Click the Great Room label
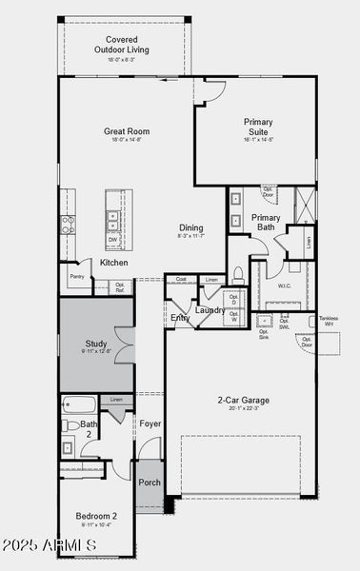click(127, 132)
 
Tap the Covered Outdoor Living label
click(129, 45)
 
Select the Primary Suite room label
click(258, 128)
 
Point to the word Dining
click(191, 227)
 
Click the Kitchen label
click(114, 263)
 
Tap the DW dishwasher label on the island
click(112, 240)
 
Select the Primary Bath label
click(266, 223)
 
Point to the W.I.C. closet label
click(284, 285)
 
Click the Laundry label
click(210, 310)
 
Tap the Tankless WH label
click(329, 322)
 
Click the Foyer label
click(150, 423)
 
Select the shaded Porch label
click(150, 482)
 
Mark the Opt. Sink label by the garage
click(264, 334)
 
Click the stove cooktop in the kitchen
click(69, 225)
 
